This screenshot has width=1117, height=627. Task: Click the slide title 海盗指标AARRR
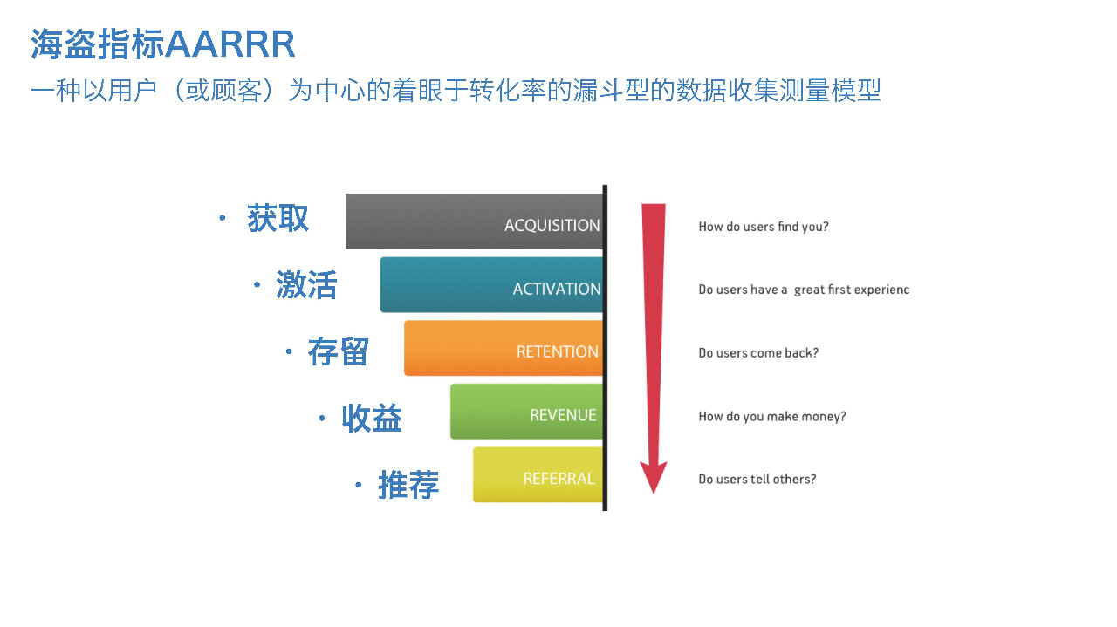pos(162,44)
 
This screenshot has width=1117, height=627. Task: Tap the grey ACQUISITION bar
pos(474,221)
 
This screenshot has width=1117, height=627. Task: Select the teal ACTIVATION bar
pos(491,284)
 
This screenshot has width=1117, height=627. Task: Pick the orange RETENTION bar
pos(504,348)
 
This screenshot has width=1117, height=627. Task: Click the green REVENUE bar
pos(526,412)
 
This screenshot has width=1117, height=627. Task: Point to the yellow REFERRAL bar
pos(538,474)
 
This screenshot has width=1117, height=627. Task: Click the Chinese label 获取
pos(278,218)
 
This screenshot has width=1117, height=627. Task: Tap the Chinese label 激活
pos(306,285)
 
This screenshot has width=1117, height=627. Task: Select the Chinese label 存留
pos(338,351)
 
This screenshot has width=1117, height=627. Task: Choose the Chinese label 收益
pos(372,419)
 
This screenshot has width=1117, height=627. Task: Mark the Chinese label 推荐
pos(408,485)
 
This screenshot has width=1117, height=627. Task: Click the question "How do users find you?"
pos(764,227)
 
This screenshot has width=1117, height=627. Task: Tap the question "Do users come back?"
pos(758,353)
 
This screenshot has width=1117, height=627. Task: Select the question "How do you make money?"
pos(772,416)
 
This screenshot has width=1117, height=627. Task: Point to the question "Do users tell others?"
pos(757,479)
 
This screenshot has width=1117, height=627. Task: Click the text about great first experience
pos(804,290)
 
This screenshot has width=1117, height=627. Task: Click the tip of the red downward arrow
pos(654,494)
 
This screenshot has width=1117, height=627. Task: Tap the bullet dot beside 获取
pos(223,218)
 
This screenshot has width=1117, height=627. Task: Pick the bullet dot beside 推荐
pos(358,485)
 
